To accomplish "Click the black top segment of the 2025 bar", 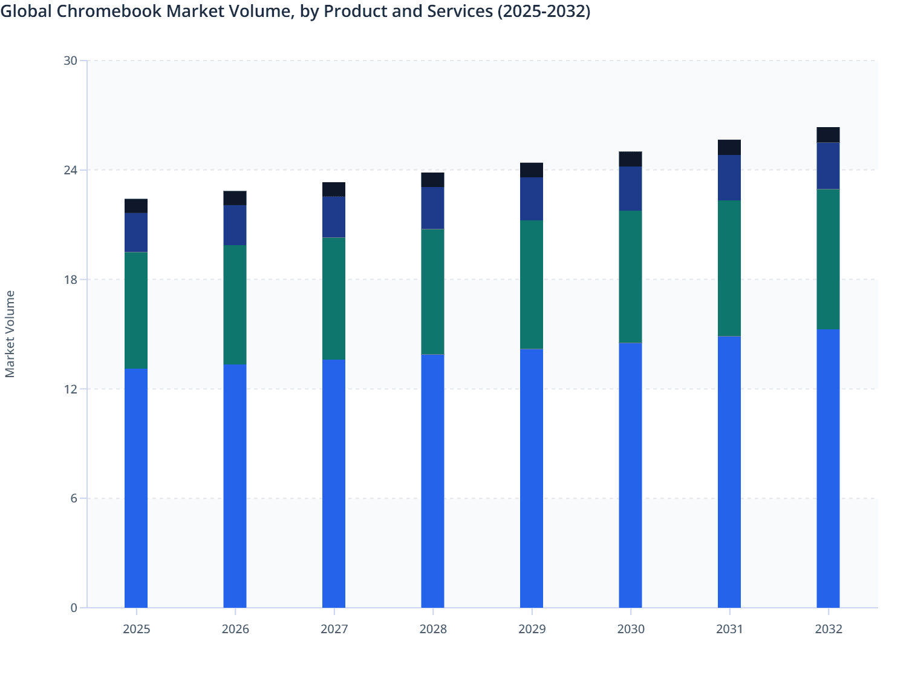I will (136, 206).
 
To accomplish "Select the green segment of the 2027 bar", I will (334, 298).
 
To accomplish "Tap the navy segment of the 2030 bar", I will (630, 189).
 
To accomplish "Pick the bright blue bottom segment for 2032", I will (828, 469).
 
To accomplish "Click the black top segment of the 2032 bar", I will (828, 135).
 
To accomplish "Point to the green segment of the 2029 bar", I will (532, 285).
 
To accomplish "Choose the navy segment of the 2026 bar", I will (235, 225).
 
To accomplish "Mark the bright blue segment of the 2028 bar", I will (432, 481).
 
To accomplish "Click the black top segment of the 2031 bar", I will (729, 148).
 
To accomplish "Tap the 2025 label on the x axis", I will (136, 629).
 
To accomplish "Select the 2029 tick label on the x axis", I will (532, 629).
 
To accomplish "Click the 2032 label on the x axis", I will (828, 629).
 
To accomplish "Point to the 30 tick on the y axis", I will (70, 61).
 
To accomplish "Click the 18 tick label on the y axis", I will (70, 280).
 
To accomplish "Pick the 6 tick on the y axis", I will (74, 498).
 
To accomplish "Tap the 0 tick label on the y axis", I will (74, 608).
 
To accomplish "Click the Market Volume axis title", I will (10, 334).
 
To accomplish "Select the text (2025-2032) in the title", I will (544, 11).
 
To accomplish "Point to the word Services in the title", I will (463, 11).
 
